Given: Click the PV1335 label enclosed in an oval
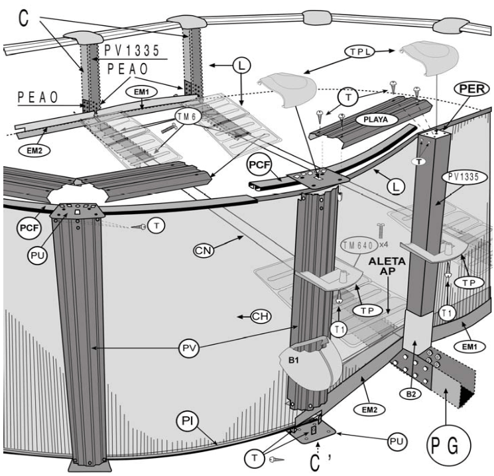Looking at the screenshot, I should [x=462, y=178].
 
